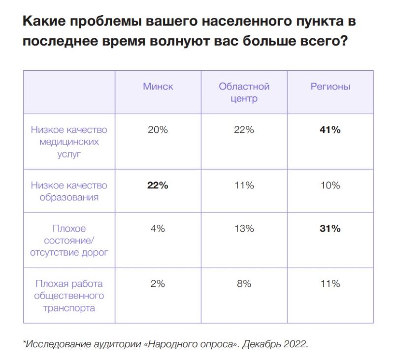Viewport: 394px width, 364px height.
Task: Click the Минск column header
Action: [x=158, y=87]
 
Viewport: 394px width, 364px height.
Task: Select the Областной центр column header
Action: [x=244, y=92]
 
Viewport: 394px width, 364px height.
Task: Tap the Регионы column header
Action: [x=330, y=87]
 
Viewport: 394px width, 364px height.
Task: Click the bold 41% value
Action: [x=330, y=130]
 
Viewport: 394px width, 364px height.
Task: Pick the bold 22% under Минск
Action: [x=158, y=185]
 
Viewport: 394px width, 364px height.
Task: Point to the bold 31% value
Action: [x=330, y=229]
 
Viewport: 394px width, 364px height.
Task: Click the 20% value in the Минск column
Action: [x=158, y=130]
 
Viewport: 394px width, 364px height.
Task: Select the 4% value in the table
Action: [x=158, y=229]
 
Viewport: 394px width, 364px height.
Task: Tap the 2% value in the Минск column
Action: [x=158, y=284]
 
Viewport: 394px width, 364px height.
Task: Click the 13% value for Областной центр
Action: [x=244, y=229]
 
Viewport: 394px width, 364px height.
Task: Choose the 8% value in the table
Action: [x=244, y=284]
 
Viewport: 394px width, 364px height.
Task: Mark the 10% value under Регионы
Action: [x=330, y=185]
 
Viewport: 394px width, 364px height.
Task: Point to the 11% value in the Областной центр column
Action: [x=244, y=185]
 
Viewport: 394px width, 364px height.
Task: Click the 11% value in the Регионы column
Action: [x=330, y=284]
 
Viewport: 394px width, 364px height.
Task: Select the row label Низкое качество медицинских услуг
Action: [x=69, y=142]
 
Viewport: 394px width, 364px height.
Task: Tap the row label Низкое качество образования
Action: [x=69, y=191]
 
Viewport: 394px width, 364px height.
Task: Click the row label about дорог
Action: [x=69, y=241]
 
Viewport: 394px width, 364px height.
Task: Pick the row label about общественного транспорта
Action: [x=69, y=296]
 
